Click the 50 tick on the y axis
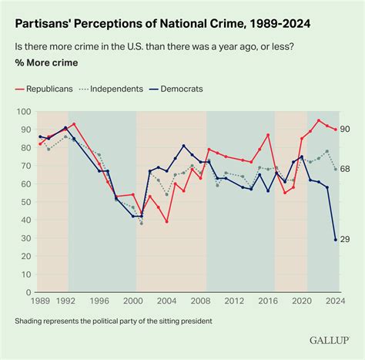23,202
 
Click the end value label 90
346,130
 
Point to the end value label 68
346,169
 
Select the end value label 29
346,240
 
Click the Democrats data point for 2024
336,240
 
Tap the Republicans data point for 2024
336,130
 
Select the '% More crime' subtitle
45,63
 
